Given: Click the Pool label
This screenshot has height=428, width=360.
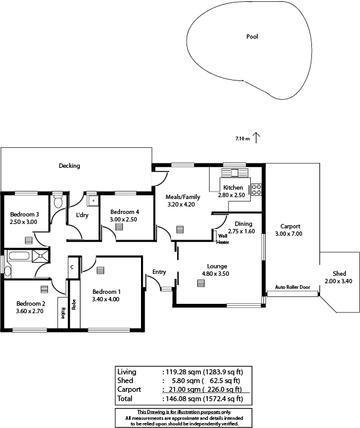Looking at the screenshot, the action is [x=252, y=36].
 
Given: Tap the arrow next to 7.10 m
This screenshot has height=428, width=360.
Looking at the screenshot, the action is [x=256, y=138].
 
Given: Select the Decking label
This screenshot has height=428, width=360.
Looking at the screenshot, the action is [x=69, y=166].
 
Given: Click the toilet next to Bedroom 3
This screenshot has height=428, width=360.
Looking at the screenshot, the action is [x=58, y=200].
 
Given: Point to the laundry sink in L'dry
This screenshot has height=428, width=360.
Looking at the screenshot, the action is [x=92, y=201].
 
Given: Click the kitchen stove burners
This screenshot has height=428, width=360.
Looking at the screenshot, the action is [x=256, y=190].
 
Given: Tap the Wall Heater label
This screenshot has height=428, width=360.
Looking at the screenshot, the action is [x=223, y=239].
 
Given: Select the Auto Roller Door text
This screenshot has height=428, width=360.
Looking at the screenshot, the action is [x=293, y=287].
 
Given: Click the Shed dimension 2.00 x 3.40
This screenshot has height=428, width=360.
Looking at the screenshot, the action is [x=338, y=281].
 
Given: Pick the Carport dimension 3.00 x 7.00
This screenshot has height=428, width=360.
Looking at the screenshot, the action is [x=288, y=233].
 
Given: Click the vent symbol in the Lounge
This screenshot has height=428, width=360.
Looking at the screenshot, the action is [x=201, y=283].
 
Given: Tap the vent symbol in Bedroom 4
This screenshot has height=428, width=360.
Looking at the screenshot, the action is [x=119, y=227].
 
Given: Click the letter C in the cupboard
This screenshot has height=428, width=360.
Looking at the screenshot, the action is [x=72, y=267].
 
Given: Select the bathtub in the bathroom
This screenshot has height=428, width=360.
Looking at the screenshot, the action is [x=19, y=256].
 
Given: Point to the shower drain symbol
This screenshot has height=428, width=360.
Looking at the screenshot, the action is [x=41, y=256].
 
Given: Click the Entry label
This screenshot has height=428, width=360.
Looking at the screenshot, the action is [x=159, y=272].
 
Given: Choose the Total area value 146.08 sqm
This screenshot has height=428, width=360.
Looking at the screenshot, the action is [x=183, y=399].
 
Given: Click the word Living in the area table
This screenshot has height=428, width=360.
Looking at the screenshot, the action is [x=127, y=372].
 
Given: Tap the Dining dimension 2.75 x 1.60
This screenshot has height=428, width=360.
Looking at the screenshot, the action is [x=241, y=231].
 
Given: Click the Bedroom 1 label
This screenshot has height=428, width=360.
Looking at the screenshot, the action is [x=107, y=292].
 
